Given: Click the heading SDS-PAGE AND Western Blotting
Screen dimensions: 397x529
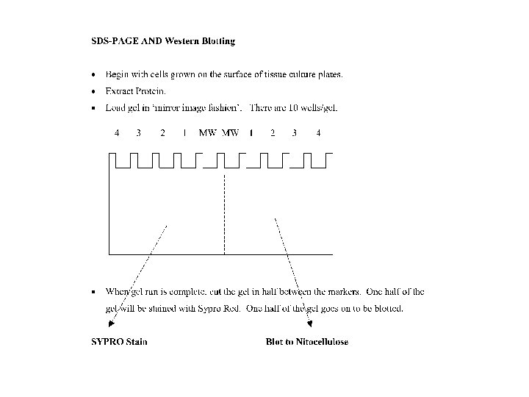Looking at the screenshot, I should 162,41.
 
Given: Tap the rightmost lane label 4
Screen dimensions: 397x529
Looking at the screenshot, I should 318,133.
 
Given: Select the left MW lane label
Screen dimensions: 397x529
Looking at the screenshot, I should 207,133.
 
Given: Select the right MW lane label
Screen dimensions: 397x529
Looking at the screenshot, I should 230,133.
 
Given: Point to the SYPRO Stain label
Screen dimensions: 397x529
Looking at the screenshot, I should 118,342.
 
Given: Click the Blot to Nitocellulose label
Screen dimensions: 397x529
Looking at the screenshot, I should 306,342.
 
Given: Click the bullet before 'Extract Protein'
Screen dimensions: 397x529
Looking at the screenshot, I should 93,92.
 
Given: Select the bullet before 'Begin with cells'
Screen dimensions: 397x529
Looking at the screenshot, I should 93,75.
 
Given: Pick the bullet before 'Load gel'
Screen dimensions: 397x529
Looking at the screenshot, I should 93,109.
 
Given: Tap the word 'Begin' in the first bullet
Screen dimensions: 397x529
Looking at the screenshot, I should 117,74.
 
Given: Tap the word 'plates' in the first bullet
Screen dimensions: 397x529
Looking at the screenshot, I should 329,74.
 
